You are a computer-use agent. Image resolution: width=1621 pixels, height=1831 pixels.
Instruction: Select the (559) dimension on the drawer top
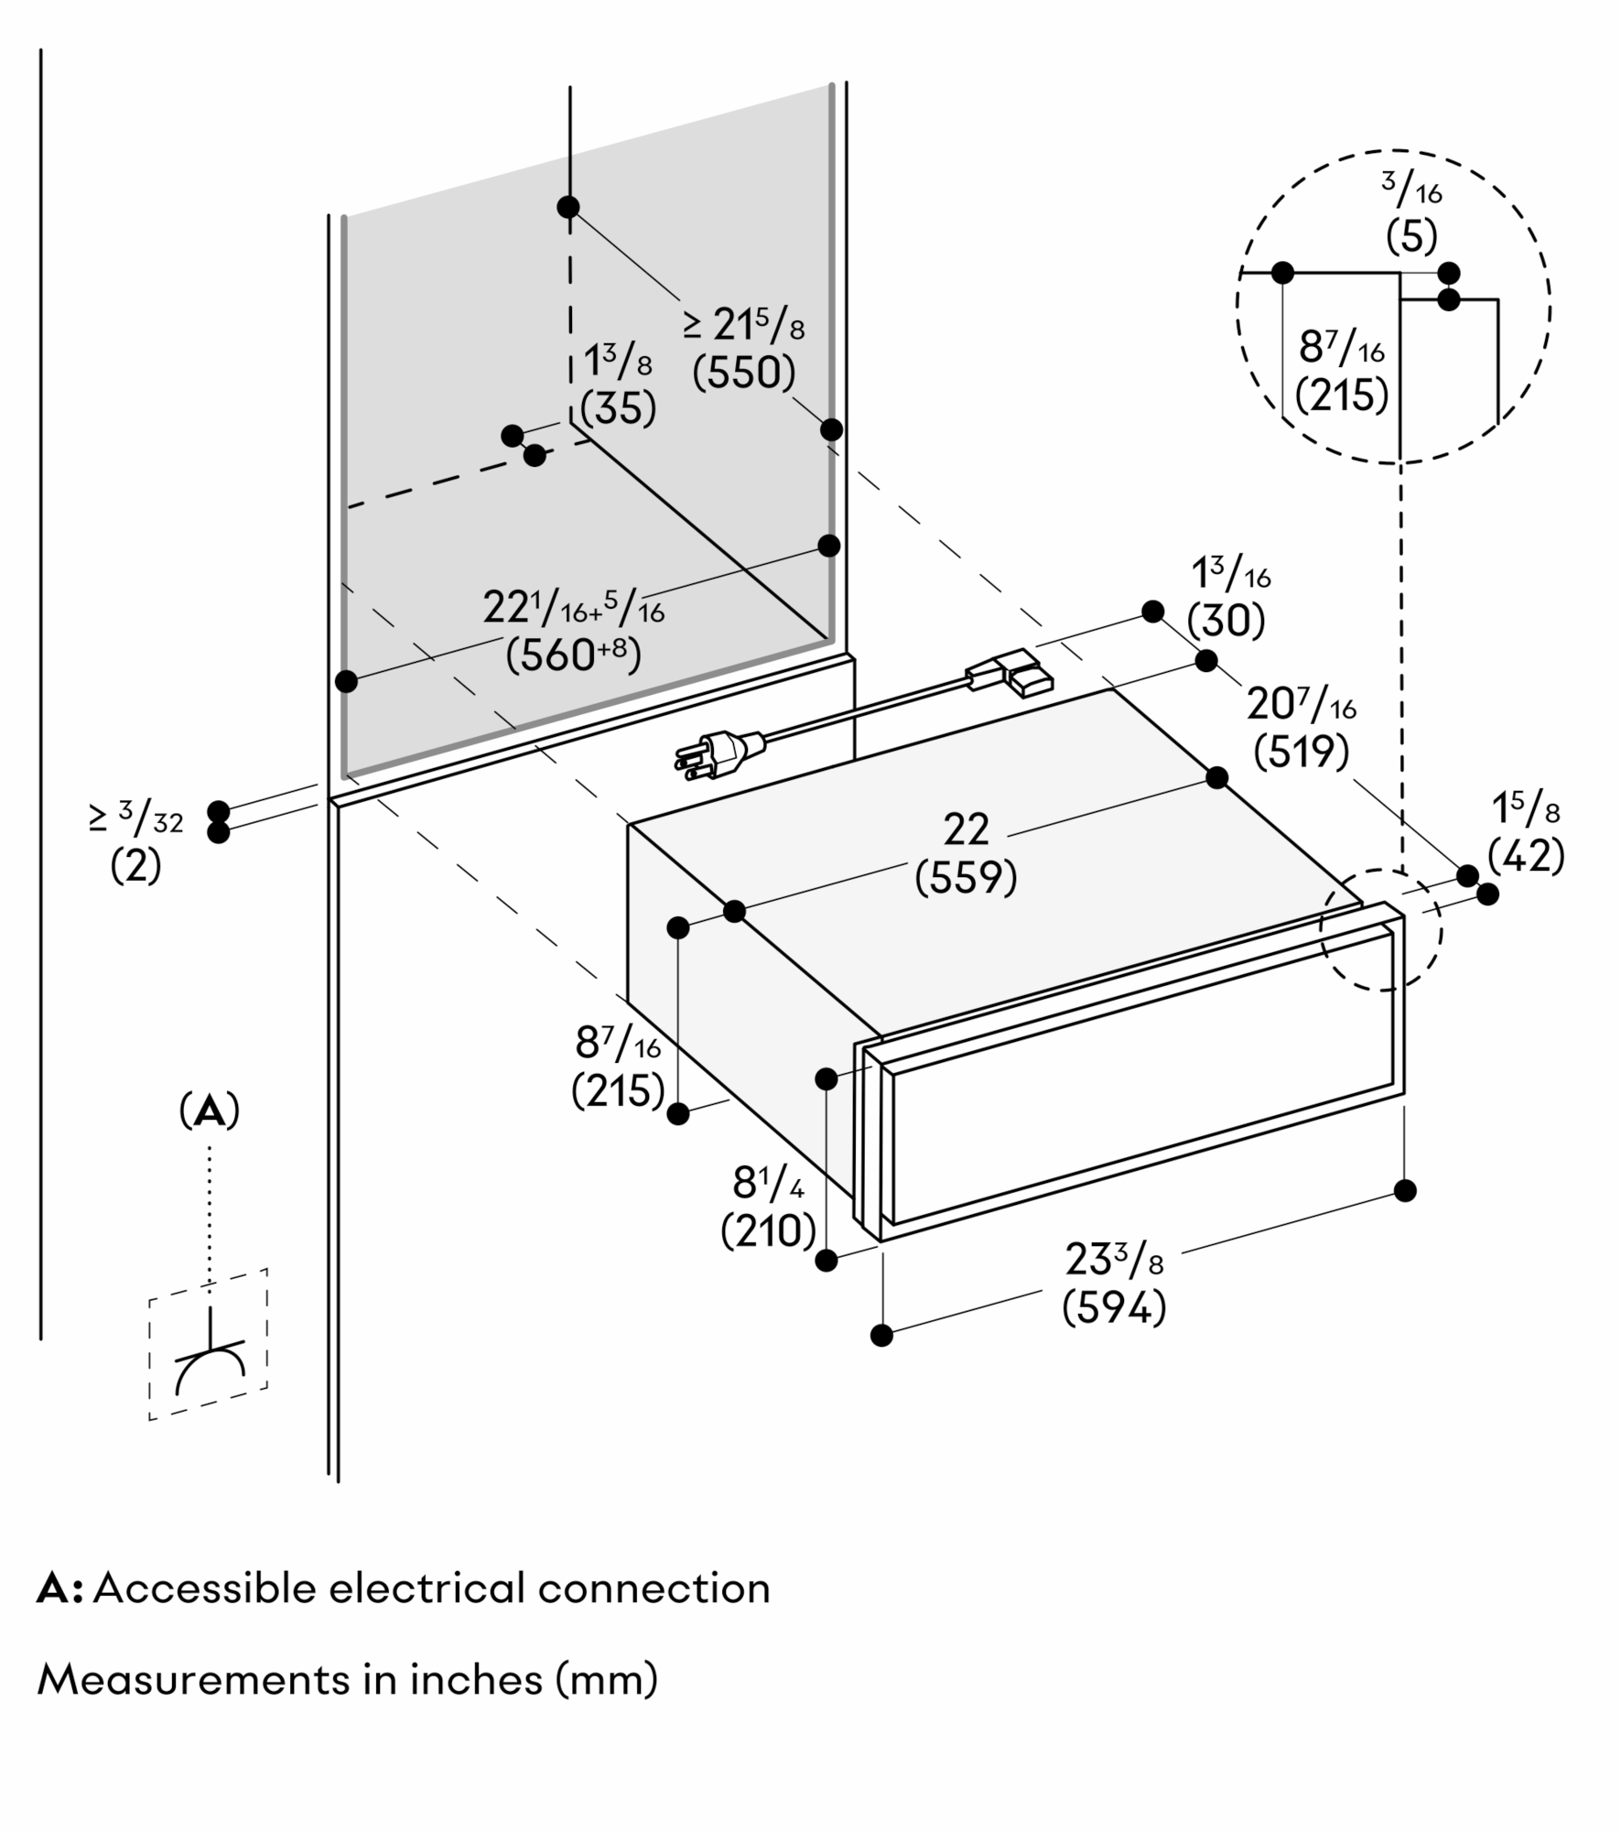tap(966, 878)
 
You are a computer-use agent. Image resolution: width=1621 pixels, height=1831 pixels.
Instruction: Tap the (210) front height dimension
tap(768, 1231)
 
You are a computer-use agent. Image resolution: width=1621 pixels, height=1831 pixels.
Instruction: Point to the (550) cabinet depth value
tap(743, 373)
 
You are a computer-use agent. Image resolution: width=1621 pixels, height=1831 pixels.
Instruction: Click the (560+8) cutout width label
tap(573, 655)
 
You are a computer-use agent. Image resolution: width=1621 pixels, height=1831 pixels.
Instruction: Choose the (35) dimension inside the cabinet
tap(619, 409)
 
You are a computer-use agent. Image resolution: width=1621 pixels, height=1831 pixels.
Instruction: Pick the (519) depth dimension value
tap(1301, 752)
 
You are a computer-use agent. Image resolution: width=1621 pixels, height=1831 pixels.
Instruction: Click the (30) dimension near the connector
tap(1226, 621)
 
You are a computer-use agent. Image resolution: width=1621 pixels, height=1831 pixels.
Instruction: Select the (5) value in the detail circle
tap(1411, 238)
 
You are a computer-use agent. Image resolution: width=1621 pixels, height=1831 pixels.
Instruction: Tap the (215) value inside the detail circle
tap(1342, 395)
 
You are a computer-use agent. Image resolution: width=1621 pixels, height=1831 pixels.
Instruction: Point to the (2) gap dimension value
tap(135, 865)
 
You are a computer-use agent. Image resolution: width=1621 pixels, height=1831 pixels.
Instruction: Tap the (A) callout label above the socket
tap(210, 1111)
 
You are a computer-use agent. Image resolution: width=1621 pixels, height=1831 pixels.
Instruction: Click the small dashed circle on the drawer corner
tap(1380, 929)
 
